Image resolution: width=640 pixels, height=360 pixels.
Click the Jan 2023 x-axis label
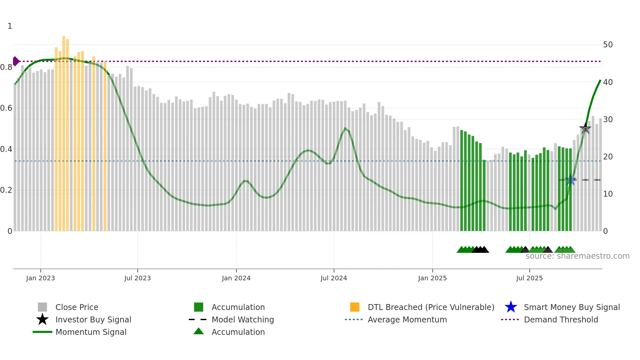click(40, 278)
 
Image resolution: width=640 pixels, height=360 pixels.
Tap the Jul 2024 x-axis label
click(334, 278)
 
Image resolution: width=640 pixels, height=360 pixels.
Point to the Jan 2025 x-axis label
click(432, 278)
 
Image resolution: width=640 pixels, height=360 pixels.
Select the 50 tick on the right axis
click(608, 45)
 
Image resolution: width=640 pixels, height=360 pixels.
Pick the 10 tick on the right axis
click(608, 194)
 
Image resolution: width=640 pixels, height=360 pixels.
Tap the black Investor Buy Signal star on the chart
click(585, 128)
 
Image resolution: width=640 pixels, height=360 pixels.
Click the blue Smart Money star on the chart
click(570, 180)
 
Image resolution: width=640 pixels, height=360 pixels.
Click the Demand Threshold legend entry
click(561, 320)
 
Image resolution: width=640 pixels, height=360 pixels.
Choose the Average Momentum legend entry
click(407, 320)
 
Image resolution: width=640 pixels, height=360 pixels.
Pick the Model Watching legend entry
click(242, 320)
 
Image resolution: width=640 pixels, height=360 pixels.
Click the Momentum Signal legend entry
click(91, 332)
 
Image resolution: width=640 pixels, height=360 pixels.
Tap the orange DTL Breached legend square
click(355, 307)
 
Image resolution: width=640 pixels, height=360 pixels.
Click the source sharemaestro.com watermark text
click(577, 256)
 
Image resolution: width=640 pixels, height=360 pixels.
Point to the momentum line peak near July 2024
click(345, 128)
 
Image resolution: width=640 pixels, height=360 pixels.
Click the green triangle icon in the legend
click(199, 332)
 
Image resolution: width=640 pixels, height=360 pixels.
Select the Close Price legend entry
click(76, 307)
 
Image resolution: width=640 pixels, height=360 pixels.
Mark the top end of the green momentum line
click(600, 80)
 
